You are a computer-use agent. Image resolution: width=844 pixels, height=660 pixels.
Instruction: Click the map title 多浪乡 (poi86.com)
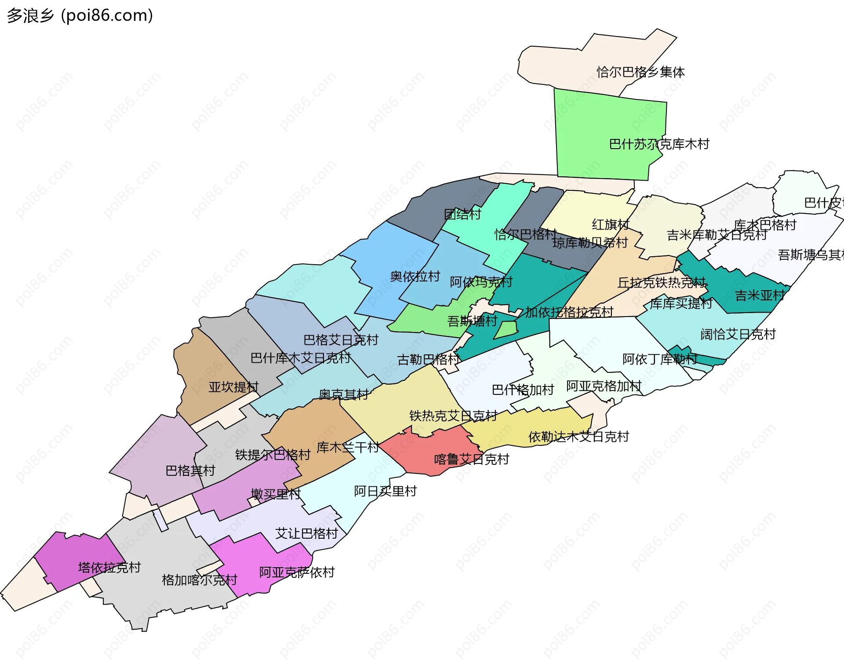80,15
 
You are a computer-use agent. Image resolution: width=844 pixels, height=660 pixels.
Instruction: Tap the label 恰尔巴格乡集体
640,72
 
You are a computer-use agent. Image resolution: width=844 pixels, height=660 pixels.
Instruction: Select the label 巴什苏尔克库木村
659,144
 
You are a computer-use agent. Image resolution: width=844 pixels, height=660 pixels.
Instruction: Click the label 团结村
462,215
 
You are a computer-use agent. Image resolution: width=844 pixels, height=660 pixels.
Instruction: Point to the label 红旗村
611,225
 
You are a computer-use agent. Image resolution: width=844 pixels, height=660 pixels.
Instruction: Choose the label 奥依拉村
415,277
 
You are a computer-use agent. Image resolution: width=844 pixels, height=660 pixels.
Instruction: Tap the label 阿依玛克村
481,282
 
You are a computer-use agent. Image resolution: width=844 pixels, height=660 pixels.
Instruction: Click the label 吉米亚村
760,295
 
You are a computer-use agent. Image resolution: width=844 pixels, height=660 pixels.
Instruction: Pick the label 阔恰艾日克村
738,335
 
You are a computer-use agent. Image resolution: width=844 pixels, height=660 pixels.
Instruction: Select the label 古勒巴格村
429,360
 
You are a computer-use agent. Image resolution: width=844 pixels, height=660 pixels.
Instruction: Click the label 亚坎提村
233,387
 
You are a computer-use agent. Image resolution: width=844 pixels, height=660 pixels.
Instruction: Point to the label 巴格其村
190,471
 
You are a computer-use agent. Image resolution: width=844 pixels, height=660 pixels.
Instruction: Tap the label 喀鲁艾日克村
471,459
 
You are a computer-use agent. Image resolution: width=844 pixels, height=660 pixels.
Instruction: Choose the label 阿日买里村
385,491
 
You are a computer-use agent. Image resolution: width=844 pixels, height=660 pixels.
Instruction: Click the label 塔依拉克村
109,568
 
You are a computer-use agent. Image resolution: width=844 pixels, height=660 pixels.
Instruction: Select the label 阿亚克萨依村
297,572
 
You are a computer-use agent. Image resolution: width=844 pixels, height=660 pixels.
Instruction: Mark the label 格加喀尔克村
199,580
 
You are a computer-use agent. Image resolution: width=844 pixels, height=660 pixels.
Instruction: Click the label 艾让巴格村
306,534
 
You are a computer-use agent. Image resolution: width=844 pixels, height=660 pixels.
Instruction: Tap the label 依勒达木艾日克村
578,437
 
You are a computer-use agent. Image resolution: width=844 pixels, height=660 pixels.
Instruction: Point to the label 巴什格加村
522,390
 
